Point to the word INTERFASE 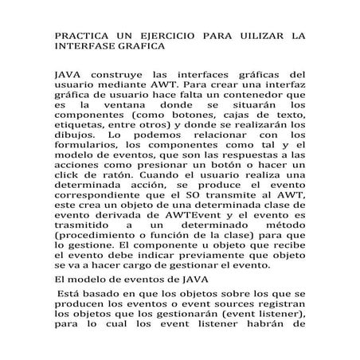[x=84, y=48]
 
